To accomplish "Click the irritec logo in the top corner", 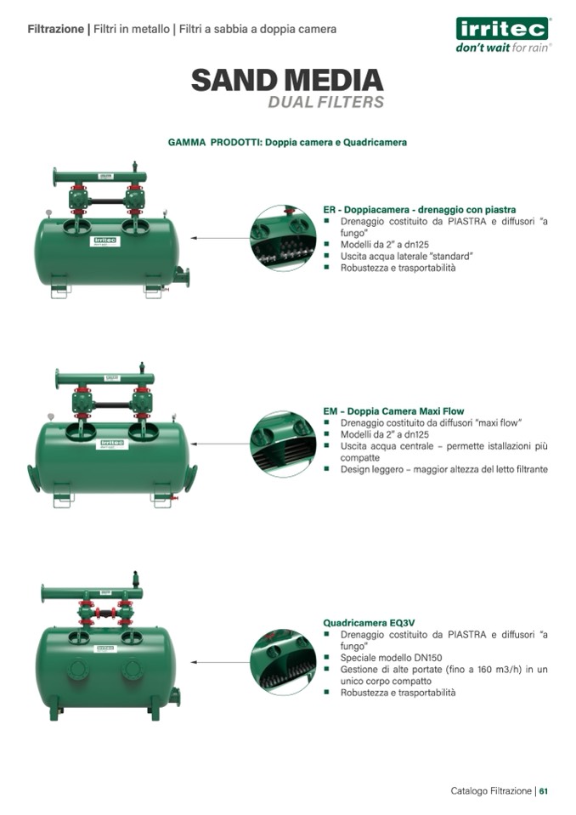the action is click(502, 29).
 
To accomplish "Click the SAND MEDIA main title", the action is click(287, 80).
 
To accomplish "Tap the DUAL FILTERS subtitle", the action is click(325, 102).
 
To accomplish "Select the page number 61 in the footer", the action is click(543, 791).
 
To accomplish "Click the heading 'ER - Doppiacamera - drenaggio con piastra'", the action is click(419, 209).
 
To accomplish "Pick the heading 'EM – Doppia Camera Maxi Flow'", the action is click(393, 411).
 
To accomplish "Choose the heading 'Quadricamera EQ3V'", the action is click(369, 623).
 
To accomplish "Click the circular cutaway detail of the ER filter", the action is click(283, 238).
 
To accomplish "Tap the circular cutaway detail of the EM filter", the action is click(283, 444).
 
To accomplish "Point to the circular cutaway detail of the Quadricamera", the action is click(283, 662).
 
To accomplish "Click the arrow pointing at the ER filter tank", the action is click(220, 238).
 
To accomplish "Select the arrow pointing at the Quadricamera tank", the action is click(220, 662).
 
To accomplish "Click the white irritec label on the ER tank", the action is click(104, 241).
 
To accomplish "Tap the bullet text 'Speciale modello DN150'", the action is click(391, 658).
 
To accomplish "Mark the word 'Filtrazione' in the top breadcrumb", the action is click(55, 29).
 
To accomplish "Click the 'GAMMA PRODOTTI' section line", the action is click(287, 143).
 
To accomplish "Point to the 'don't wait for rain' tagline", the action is click(503, 48).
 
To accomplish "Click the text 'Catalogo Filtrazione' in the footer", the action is click(491, 791).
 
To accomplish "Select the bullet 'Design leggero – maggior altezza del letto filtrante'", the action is click(444, 469).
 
